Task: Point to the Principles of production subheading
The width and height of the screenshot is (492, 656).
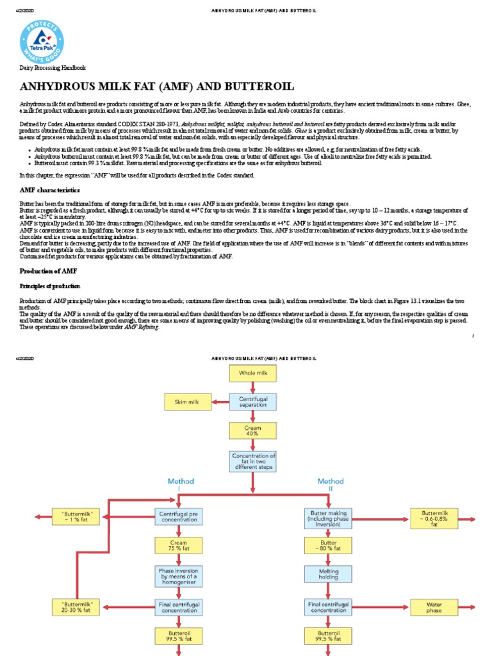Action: point(50,286)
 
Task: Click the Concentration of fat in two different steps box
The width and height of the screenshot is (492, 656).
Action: point(253,461)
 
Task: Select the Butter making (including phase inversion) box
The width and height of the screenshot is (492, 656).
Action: point(329,517)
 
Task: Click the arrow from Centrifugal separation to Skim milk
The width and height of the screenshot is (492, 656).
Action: point(220,402)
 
